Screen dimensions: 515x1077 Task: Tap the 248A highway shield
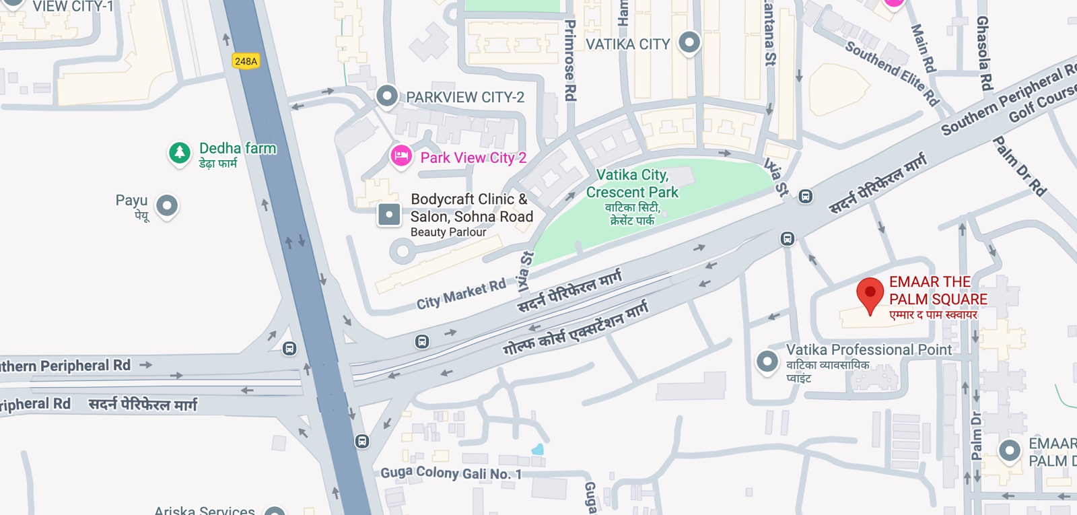click(x=246, y=61)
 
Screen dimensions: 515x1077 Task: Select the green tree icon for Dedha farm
click(x=179, y=153)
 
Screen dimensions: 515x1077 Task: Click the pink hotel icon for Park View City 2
click(x=401, y=157)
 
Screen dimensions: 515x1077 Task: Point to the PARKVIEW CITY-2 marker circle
click(x=386, y=96)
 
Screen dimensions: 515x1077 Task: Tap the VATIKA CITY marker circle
click(x=689, y=42)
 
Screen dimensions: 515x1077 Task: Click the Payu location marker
click(x=166, y=205)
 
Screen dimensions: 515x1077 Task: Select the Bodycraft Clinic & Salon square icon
click(x=389, y=215)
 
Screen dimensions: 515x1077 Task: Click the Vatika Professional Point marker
click(x=767, y=362)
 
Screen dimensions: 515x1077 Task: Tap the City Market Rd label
click(x=460, y=294)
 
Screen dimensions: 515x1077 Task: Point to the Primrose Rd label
click(x=570, y=61)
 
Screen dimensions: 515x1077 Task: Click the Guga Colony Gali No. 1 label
click(x=451, y=473)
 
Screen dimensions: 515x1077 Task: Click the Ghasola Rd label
click(x=984, y=54)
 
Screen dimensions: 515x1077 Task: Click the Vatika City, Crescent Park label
click(x=632, y=183)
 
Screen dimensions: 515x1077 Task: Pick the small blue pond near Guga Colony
click(x=537, y=449)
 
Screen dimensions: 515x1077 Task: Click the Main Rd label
click(x=923, y=48)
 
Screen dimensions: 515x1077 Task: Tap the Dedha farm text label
click(x=238, y=148)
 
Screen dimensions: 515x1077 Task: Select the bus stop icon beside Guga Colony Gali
click(x=362, y=442)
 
